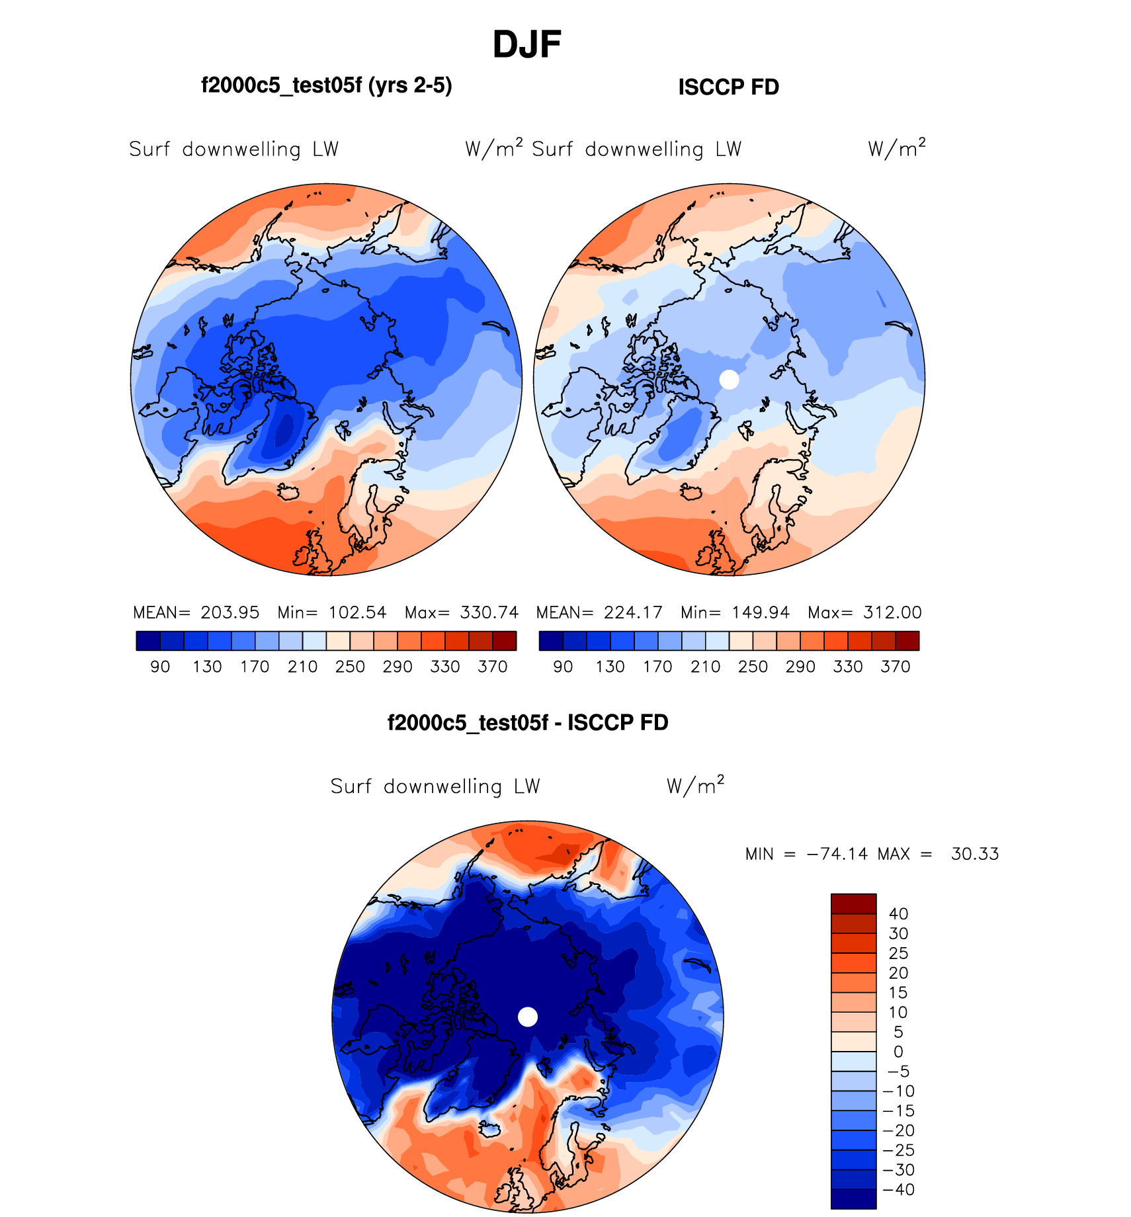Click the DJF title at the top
pos(526,45)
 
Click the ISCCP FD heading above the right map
pos(728,87)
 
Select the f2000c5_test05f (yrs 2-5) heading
pos(326,85)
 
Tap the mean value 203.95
pos(230,612)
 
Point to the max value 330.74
pos(489,612)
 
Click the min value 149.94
pos(761,612)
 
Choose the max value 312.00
pos(892,612)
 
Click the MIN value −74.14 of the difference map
pos(837,854)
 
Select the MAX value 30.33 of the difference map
pos(974,854)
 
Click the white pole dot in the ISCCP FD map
pos(729,380)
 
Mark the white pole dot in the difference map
pos(527,1017)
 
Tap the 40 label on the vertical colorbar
pos(898,913)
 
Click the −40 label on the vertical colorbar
pos(898,1189)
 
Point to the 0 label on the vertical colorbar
pos(898,1052)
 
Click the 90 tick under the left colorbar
pos(160,667)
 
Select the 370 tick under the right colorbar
pos(895,667)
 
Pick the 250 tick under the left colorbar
pos(350,667)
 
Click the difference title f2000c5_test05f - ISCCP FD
pos(527,723)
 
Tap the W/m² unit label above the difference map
pos(695,786)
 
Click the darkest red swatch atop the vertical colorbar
pos(853,903)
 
